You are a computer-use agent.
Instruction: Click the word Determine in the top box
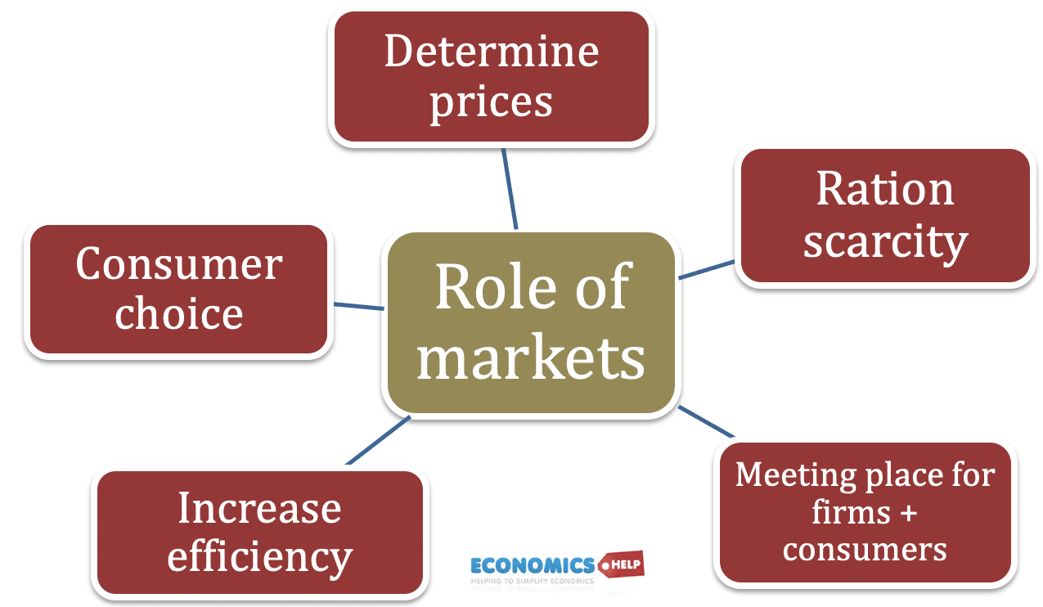[x=491, y=52]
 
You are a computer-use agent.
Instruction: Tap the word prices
[x=491, y=103]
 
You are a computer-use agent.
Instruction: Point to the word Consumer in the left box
[x=178, y=264]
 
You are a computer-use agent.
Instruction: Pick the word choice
[x=178, y=313]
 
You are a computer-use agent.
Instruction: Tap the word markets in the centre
[x=531, y=357]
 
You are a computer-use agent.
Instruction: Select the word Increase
[x=259, y=508]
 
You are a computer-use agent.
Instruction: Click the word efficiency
[x=259, y=558]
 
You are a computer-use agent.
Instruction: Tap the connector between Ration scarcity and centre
[x=708, y=270]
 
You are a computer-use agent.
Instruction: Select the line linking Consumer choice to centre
[x=359, y=306]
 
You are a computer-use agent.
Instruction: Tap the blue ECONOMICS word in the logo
[x=532, y=565]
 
